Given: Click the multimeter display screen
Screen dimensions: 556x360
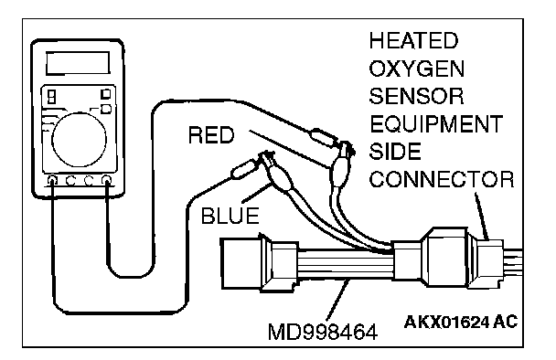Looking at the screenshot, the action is tap(78, 63).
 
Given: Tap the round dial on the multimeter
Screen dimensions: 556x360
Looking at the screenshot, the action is tap(79, 139).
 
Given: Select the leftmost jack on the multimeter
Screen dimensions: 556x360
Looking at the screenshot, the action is tap(52, 180).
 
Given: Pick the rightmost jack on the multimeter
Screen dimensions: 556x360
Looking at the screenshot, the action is tap(106, 180).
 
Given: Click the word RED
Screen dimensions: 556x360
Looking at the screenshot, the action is tap(211, 135).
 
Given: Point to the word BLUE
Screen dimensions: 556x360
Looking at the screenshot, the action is tap(230, 216).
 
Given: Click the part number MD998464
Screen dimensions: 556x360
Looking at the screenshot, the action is tap(323, 333).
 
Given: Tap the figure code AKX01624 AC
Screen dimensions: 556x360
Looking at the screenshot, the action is tap(461, 322).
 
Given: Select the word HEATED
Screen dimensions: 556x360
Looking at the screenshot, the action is tap(414, 40).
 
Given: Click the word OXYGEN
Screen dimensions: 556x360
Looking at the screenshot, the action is tap(417, 69).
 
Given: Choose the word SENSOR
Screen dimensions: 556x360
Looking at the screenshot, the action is tap(416, 96).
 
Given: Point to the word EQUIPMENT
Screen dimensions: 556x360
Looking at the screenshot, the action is tap(436, 124).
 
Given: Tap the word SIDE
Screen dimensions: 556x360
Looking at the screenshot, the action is tap(395, 152).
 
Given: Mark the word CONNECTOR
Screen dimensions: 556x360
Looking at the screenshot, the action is tap(442, 179).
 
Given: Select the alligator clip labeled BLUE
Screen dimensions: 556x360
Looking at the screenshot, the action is tap(278, 173).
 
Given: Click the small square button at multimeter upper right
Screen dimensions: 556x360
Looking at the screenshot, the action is tap(106, 94).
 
